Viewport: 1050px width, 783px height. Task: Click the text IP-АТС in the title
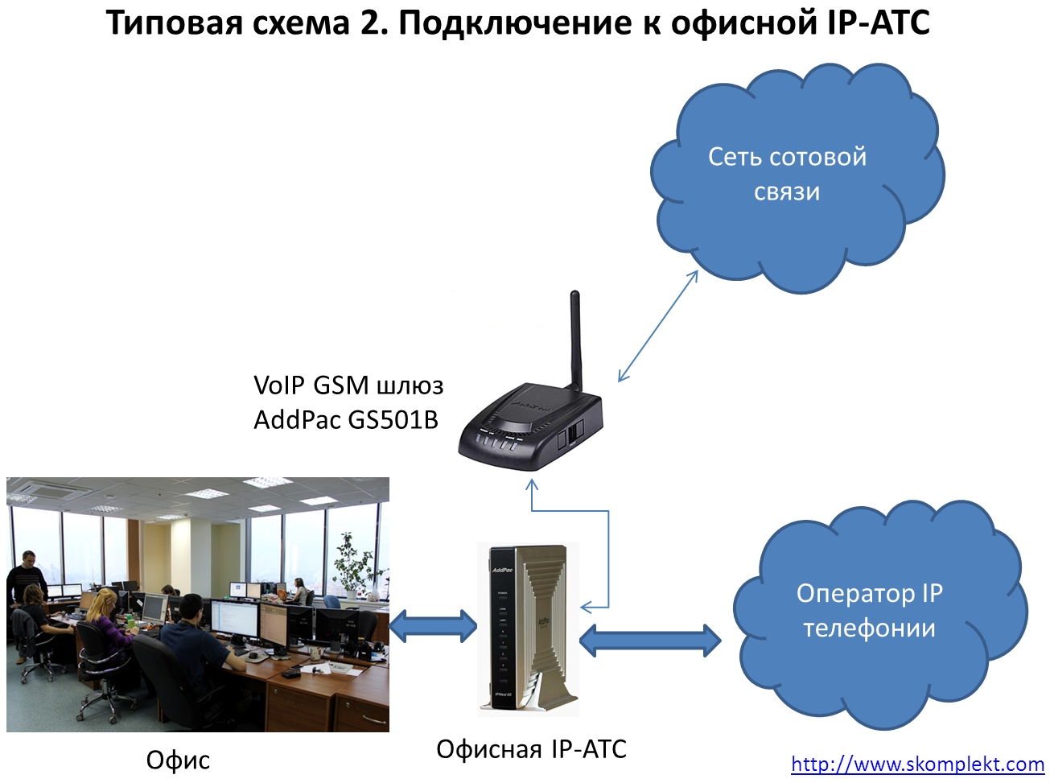[x=878, y=23]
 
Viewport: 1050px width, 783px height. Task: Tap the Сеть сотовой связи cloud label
[x=787, y=174]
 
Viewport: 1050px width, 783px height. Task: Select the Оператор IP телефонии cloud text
[x=869, y=610]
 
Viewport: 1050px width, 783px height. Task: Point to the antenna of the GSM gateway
[x=576, y=338]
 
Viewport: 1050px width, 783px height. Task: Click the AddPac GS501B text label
[x=346, y=419]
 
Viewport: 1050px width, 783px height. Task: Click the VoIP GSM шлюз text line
[x=348, y=385]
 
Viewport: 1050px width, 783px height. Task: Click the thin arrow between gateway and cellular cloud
[x=657, y=326]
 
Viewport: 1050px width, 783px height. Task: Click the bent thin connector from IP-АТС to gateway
[x=607, y=555]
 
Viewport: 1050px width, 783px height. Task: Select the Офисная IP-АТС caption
[x=531, y=748]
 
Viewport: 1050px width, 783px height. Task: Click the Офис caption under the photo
[x=178, y=760]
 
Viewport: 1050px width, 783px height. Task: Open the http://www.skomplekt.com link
[x=917, y=764]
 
